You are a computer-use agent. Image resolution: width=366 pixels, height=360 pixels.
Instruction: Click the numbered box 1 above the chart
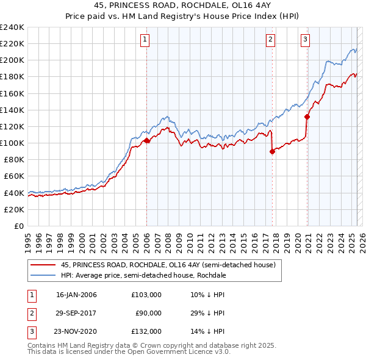coord(146,40)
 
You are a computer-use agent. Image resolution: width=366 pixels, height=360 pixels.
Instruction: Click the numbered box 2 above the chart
coord(270,40)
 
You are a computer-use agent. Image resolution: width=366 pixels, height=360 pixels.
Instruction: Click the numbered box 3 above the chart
coord(305,40)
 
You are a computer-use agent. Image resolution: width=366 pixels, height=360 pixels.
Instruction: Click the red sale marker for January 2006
coord(147,140)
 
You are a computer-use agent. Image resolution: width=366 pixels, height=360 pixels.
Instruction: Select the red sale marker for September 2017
coord(272,152)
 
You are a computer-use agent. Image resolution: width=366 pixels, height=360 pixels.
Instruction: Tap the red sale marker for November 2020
coord(307,117)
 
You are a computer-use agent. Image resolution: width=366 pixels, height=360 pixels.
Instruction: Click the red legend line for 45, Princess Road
coord(43,265)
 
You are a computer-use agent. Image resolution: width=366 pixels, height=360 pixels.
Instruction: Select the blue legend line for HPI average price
coord(43,275)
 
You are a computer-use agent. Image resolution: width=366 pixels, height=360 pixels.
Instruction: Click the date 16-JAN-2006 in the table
coord(76,295)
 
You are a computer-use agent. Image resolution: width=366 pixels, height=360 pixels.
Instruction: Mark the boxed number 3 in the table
coord(30,331)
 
